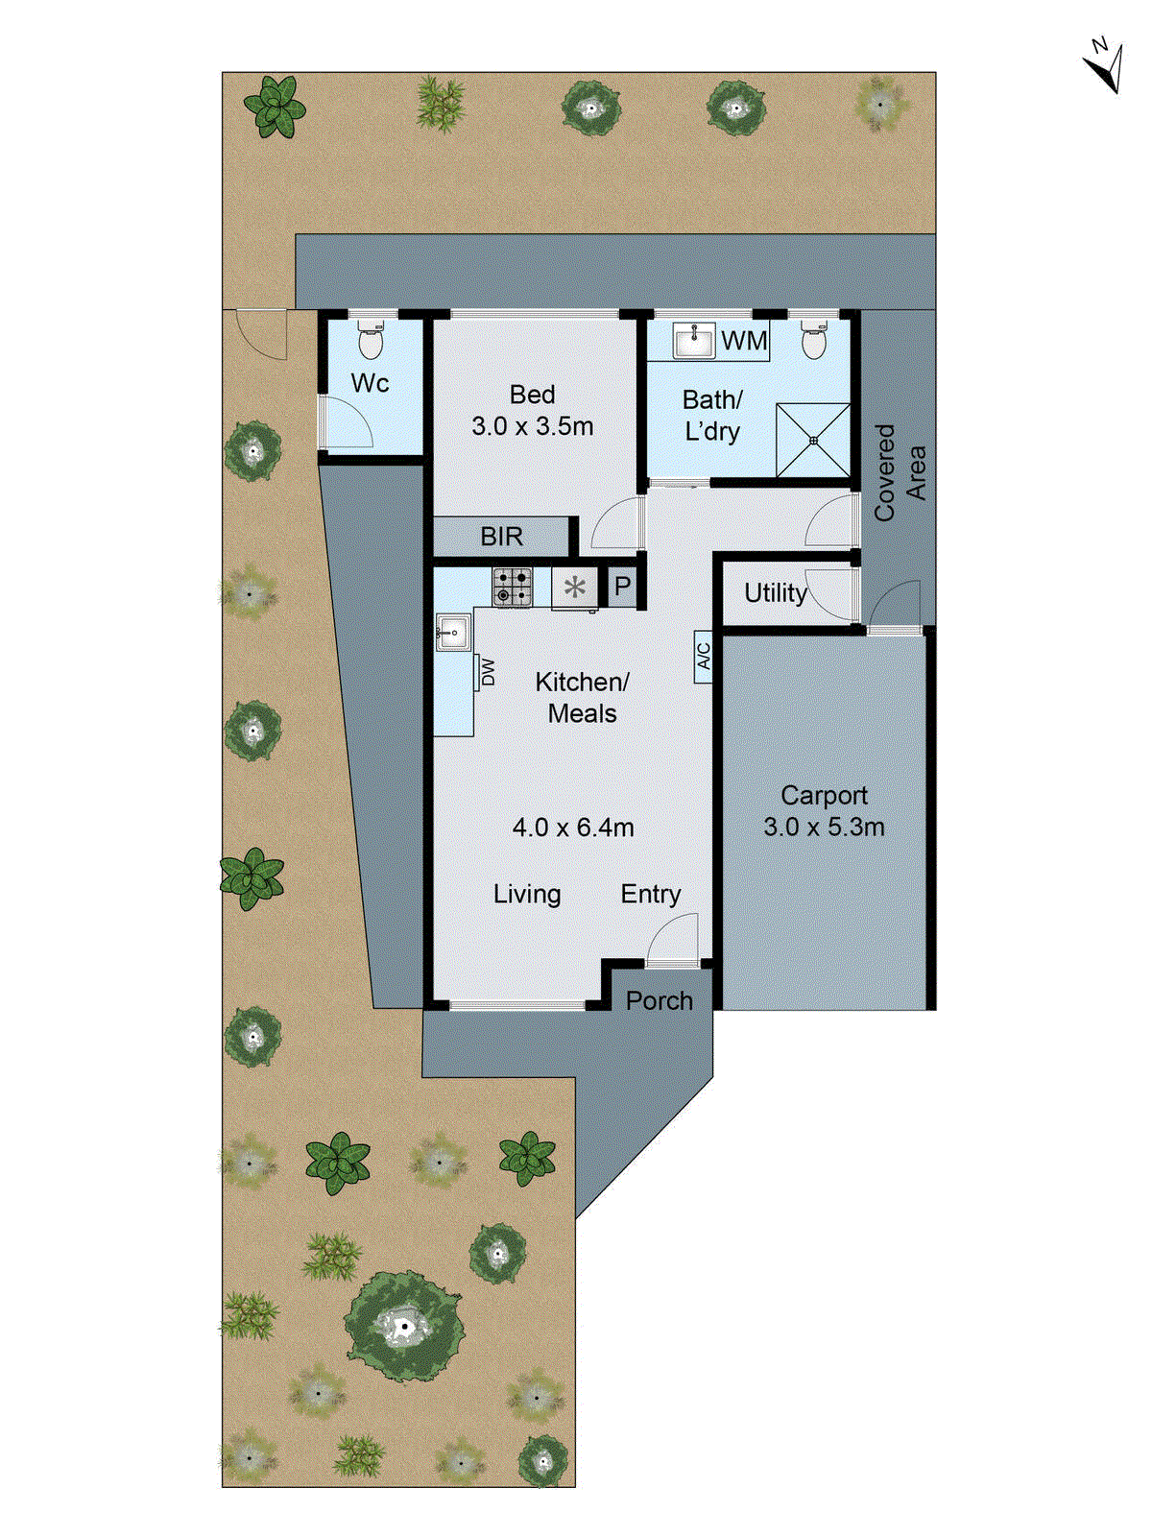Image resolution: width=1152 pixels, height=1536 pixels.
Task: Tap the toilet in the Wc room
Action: click(x=371, y=339)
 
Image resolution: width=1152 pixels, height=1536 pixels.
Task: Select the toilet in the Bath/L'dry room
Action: click(x=813, y=339)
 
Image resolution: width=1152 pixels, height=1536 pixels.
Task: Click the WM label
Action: click(x=744, y=341)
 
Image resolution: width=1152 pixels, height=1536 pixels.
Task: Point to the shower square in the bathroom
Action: click(x=813, y=440)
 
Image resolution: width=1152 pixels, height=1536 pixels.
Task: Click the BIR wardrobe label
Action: click(x=502, y=537)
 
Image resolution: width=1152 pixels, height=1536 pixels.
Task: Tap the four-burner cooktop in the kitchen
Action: click(x=513, y=587)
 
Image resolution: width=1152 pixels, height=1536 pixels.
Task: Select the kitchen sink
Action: click(x=451, y=633)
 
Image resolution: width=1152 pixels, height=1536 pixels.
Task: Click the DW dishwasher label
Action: click(x=489, y=671)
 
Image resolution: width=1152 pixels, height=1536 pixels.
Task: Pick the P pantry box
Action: click(x=622, y=586)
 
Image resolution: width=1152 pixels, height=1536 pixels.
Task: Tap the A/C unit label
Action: click(x=704, y=657)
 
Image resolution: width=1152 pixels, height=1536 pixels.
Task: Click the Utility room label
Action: click(x=775, y=593)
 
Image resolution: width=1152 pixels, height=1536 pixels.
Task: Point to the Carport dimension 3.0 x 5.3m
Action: click(x=824, y=827)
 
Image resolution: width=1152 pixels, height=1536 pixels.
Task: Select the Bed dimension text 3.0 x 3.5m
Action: click(x=532, y=426)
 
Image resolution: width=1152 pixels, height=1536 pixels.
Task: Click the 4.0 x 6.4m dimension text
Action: click(x=573, y=828)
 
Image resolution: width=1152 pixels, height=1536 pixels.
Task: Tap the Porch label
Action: click(x=659, y=1001)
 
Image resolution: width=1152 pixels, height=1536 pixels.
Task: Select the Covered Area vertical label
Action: click(x=900, y=472)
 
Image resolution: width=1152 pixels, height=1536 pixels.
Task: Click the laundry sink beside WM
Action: click(x=694, y=340)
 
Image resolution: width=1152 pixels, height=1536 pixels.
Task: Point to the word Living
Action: click(x=527, y=894)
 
